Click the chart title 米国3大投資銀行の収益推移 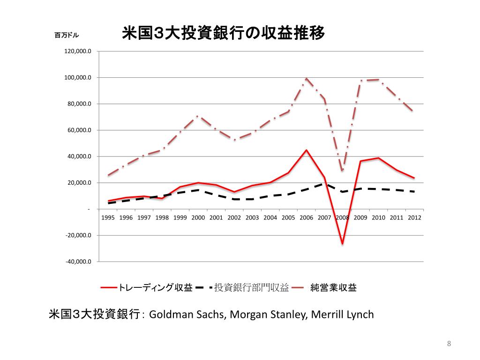pos(223,34)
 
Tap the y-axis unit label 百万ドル pos(67,35)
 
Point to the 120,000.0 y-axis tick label pos(77,51)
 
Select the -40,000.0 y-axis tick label pos(78,262)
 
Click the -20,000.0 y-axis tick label pos(78,235)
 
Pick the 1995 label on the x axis pos(108,217)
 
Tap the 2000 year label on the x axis pos(198,217)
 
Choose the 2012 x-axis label pos(414,217)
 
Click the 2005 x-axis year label pos(288,217)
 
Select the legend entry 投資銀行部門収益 pos(251,287)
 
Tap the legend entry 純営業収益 pos(333,287)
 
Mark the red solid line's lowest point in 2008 pos(343,244)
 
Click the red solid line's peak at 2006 pos(306,150)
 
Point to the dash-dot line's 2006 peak pos(306,78)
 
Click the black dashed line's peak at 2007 pos(324,184)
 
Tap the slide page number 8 pos(449,345)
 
